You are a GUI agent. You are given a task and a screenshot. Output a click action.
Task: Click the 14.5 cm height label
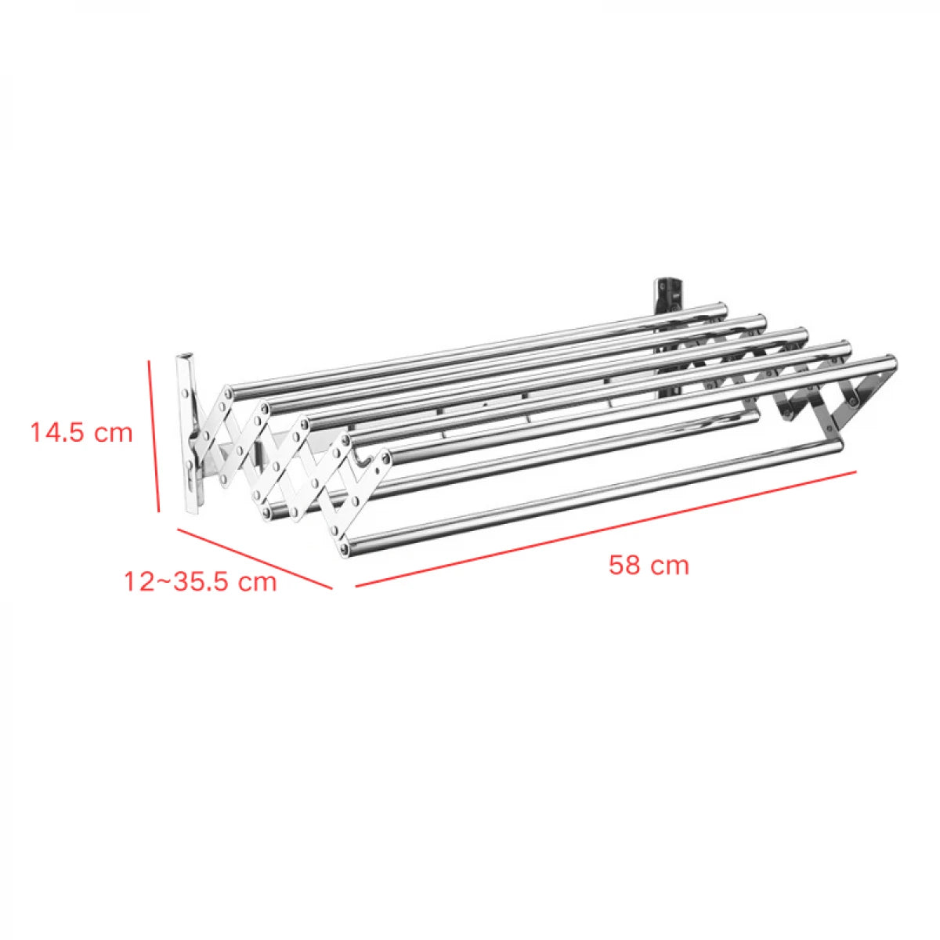click(x=81, y=432)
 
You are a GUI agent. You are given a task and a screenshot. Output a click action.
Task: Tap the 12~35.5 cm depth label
click(x=201, y=581)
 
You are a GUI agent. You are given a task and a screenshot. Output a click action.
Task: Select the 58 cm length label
click(x=649, y=565)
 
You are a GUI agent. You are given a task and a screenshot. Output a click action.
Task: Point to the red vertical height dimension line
click(x=154, y=435)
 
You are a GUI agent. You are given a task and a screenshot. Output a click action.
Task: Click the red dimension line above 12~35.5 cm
click(x=255, y=558)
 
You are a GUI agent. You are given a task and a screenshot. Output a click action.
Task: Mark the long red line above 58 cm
click(x=605, y=529)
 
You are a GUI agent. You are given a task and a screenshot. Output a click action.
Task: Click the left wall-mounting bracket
click(x=190, y=435)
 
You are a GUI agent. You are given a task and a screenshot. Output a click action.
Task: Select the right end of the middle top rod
click(x=801, y=335)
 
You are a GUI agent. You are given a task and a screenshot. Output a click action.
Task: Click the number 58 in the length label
click(x=624, y=565)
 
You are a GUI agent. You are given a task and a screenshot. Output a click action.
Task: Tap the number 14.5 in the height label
click(x=58, y=432)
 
